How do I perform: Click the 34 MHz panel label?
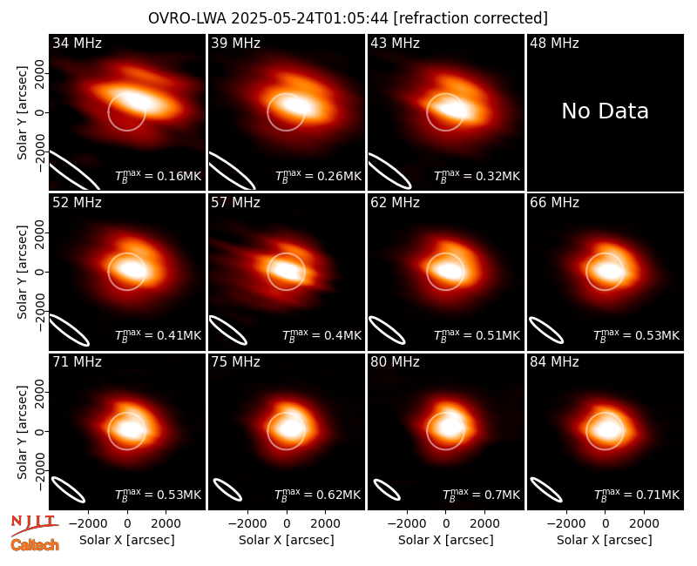[x=77, y=43]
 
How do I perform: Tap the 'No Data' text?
[x=605, y=111]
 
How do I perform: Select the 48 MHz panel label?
[x=554, y=43]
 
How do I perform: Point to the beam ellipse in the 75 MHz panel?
[x=227, y=489]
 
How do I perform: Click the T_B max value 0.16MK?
[x=159, y=176]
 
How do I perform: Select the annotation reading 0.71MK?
[x=637, y=494]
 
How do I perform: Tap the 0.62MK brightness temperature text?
[x=317, y=494]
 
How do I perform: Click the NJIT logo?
[x=35, y=525]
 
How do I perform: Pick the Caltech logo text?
[x=35, y=545]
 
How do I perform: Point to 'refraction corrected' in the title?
[x=470, y=18]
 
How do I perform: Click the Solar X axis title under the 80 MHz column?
[x=446, y=540]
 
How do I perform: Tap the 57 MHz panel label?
[x=235, y=203]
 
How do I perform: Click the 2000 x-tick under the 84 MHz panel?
[x=644, y=523]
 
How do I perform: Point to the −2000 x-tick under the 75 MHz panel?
[x=247, y=523]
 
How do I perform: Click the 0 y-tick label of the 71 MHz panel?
[x=39, y=431]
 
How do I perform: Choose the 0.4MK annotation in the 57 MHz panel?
[x=321, y=335]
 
